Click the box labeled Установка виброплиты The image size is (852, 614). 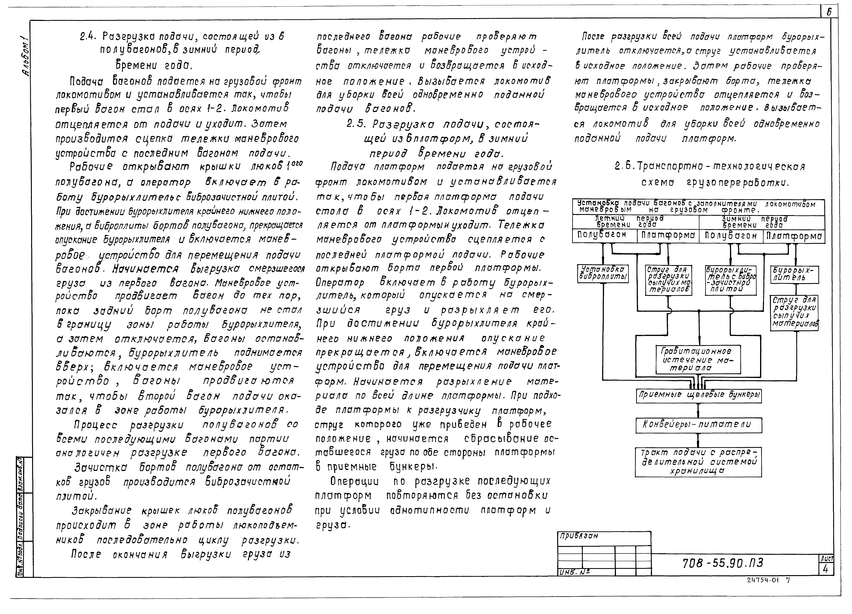603,273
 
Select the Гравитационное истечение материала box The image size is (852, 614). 698,359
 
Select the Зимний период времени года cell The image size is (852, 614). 762,222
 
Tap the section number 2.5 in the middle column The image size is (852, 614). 355,124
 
